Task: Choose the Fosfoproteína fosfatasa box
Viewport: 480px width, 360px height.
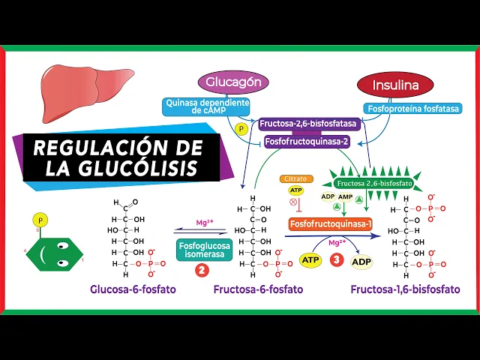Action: click(413, 108)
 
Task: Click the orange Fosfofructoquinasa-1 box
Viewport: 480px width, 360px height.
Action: click(331, 223)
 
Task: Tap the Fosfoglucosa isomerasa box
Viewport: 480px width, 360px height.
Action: click(204, 249)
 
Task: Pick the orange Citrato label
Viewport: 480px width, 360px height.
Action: click(294, 178)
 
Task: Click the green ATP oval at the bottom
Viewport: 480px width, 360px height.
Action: click(310, 260)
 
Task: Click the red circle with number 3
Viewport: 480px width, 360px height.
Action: click(337, 260)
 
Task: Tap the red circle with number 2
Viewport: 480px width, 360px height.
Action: click(202, 271)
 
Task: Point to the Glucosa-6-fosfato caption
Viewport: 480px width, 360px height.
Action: click(133, 289)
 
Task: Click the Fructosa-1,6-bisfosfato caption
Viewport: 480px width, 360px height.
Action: click(405, 289)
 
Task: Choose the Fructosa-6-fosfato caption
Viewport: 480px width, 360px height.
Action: click(258, 289)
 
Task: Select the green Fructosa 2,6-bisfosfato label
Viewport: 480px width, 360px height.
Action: click(369, 183)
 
